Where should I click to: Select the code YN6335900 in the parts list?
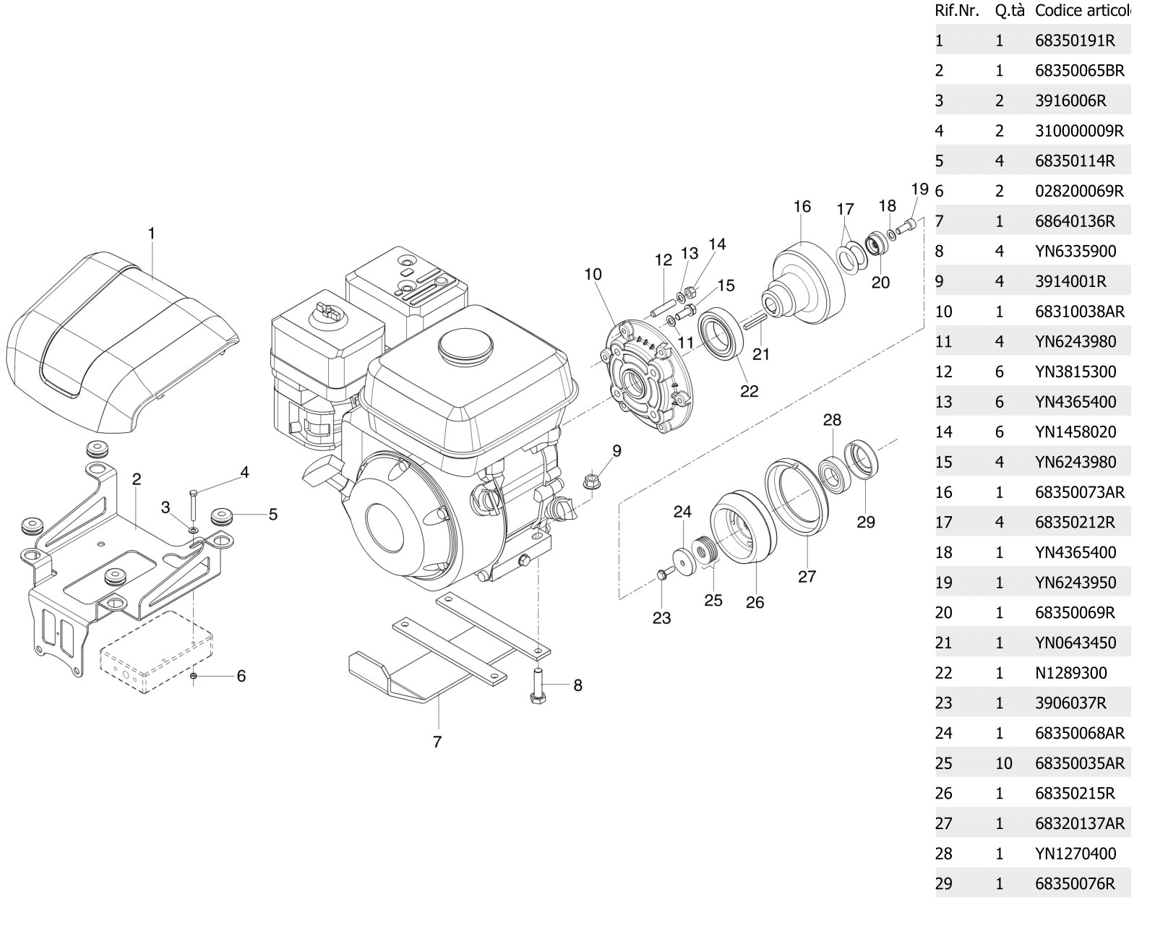click(1075, 252)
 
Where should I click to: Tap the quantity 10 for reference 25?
click(1002, 763)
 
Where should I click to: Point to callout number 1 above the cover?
click(151, 233)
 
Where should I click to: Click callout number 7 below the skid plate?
click(437, 742)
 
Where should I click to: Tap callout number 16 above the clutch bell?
click(802, 207)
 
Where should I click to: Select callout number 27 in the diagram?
click(807, 576)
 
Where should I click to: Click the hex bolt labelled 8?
click(538, 687)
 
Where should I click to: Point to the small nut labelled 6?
click(194, 676)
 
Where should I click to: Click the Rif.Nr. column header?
click(957, 10)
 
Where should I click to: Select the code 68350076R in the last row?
click(1074, 883)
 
